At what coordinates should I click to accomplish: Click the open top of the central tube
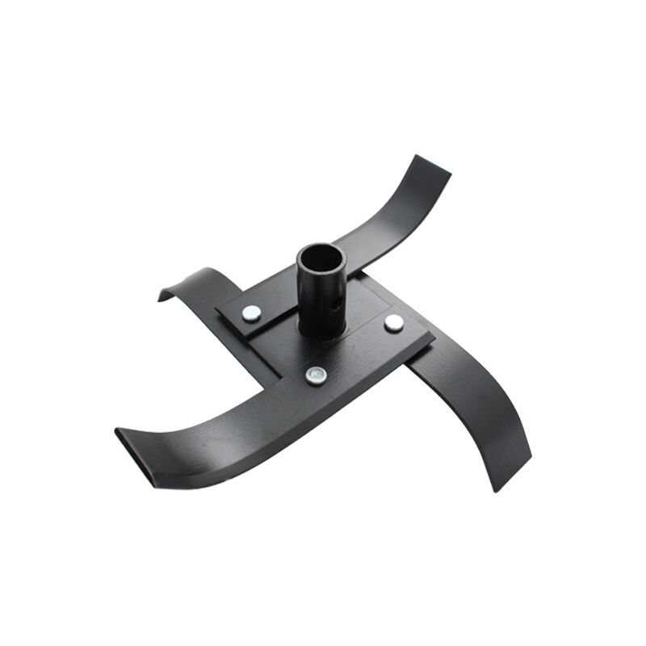point(321,259)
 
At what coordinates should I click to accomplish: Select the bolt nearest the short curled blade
point(251,312)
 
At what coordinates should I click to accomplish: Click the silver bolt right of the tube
point(394,323)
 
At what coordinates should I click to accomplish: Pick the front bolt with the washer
point(316,375)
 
